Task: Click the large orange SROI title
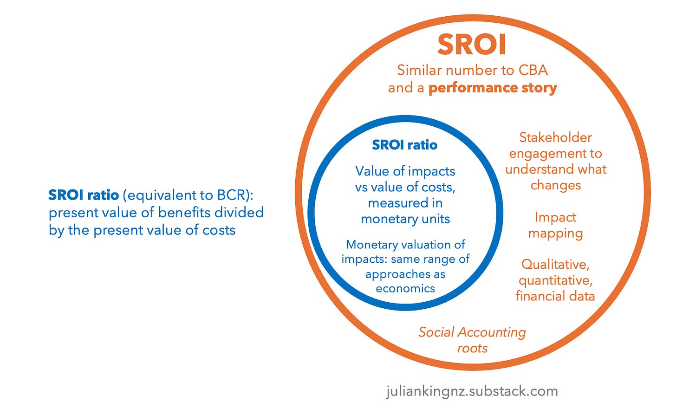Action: [x=472, y=45]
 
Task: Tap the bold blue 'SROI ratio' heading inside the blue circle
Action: [x=404, y=145]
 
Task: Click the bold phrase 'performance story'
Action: [x=492, y=88]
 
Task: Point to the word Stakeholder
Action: [x=555, y=137]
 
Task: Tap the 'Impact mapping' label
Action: [x=555, y=225]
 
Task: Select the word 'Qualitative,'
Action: [x=555, y=264]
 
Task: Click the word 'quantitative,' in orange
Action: [x=555, y=280]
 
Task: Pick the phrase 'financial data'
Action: [x=555, y=296]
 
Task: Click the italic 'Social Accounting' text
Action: [x=472, y=332]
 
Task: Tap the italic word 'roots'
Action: [x=472, y=348]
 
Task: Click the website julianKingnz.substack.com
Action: [x=472, y=391]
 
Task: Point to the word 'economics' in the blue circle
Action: [x=405, y=288]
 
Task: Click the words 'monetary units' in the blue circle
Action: [x=405, y=219]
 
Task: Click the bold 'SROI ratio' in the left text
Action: [x=84, y=195]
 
